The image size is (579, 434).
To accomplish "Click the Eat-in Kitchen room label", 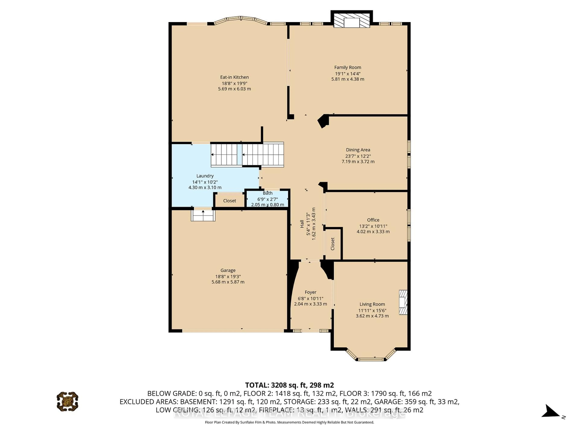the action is click(234, 77).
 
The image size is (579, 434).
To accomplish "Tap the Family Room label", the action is click(348, 68).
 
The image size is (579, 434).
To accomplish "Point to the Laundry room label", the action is click(205, 176).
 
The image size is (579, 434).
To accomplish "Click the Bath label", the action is click(267, 193).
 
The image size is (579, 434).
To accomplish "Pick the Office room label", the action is click(373, 220).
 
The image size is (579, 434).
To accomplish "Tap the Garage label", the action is click(228, 270).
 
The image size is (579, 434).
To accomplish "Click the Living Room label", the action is click(372, 304).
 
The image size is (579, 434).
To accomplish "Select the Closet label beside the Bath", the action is click(229, 201).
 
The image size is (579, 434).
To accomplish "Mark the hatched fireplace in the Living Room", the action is click(403, 302).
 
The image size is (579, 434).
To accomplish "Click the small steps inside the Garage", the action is click(203, 215).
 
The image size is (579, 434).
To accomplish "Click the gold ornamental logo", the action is click(68, 401).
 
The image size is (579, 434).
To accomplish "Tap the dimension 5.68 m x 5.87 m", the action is click(228, 282).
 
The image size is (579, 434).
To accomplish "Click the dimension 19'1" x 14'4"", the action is click(348, 74).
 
